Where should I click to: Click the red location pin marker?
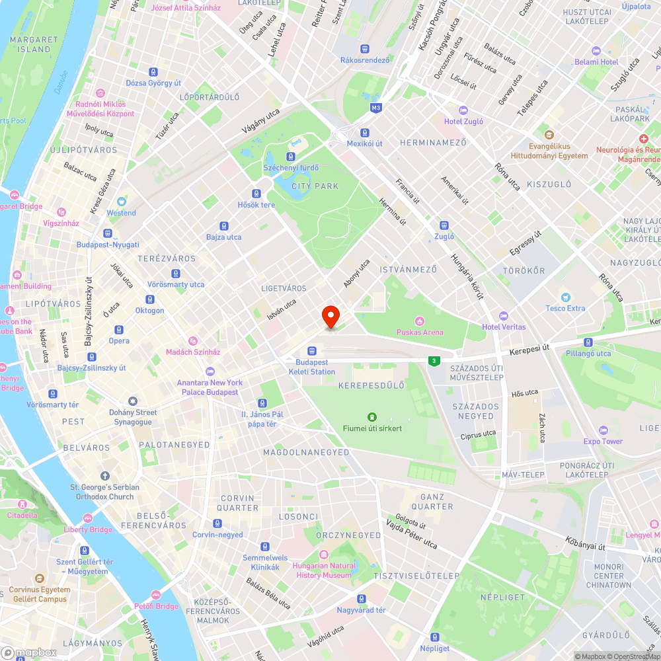(x=330, y=316)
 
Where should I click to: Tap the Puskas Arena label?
(x=419, y=332)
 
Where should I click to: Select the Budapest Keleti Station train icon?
(x=311, y=351)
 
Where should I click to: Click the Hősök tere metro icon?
(x=256, y=194)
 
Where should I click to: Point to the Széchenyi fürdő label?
(x=291, y=168)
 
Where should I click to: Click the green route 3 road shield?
(x=434, y=360)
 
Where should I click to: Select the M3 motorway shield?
(x=376, y=107)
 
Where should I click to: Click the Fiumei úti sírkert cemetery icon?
(x=372, y=417)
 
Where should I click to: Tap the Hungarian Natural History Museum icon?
(x=323, y=555)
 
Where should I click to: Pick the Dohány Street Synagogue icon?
(x=133, y=401)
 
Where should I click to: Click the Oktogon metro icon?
(x=149, y=299)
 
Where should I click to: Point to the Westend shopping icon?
(x=122, y=202)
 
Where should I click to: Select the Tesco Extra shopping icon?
(x=565, y=297)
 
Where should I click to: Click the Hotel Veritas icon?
(x=504, y=316)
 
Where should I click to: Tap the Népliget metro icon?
(x=434, y=637)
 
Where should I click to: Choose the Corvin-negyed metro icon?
(x=217, y=524)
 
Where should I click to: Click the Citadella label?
(x=22, y=516)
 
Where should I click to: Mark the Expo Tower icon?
(x=602, y=430)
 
